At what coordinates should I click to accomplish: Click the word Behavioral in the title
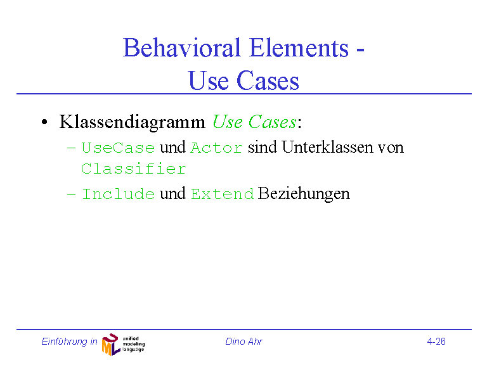182,48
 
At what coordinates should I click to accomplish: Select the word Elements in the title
299,48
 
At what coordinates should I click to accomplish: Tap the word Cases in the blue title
268,80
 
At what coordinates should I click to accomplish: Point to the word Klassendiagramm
133,122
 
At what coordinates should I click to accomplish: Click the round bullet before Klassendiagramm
45,122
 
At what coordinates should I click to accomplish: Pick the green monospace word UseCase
119,148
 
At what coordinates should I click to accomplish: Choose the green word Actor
216,148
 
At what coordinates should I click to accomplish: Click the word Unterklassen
327,147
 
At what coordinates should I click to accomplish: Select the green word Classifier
134,169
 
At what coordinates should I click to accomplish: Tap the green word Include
119,194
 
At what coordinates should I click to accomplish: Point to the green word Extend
223,195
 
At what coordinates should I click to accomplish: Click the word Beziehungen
304,194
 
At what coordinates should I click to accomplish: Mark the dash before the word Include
71,195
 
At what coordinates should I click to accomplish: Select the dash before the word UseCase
71,148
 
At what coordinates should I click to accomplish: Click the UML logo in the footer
123,344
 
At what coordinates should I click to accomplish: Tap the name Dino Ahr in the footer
243,342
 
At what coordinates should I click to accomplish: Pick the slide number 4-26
436,342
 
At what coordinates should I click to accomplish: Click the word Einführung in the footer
65,342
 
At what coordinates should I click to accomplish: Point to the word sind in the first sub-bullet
263,147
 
